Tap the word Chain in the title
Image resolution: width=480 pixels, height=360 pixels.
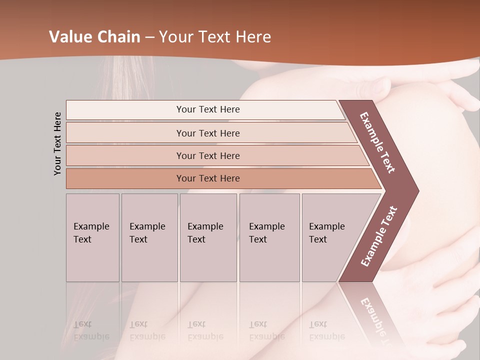coord(118,37)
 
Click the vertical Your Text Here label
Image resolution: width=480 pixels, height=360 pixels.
coord(57,143)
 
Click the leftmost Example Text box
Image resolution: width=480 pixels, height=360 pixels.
coord(92,237)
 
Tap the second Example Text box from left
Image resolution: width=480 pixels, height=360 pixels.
coord(149,237)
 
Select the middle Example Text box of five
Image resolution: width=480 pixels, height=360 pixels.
coord(208,237)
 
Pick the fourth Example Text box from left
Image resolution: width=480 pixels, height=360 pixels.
coord(269,237)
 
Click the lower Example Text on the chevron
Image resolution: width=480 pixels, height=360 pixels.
coord(379,236)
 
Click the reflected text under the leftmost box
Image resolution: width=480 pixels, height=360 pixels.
coord(91,330)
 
